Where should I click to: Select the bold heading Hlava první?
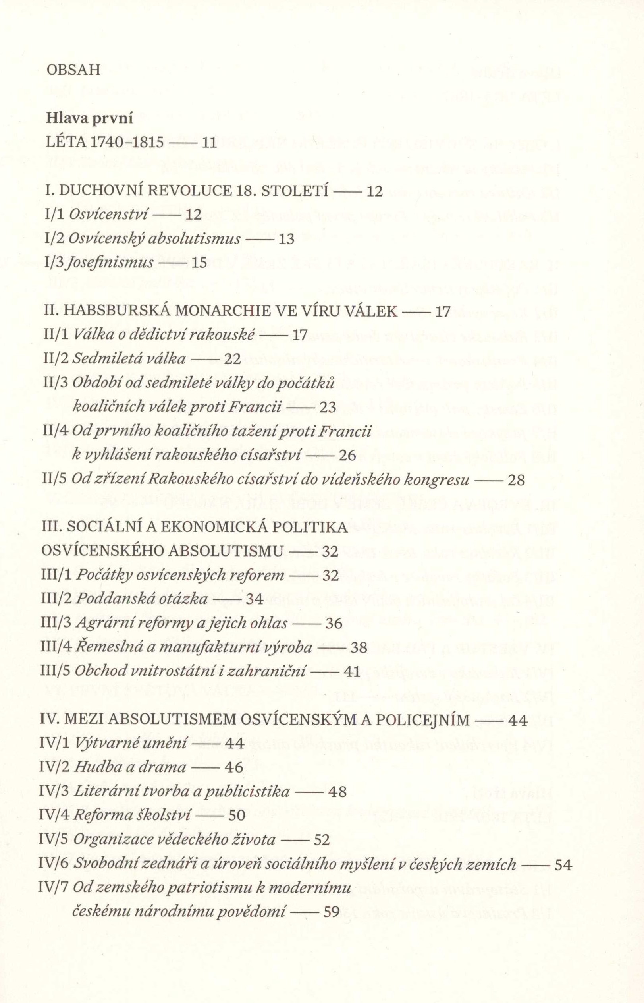89,119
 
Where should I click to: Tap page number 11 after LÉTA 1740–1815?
208,143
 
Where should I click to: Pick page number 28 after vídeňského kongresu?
516,480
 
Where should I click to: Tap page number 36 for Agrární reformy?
334,624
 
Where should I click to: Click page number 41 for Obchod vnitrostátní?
351,671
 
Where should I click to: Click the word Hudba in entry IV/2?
93,767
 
